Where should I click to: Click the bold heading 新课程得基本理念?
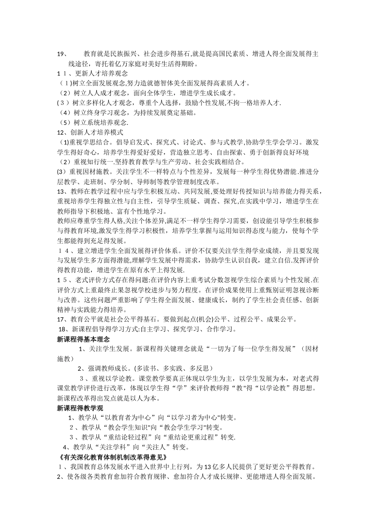[x=83, y=339]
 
